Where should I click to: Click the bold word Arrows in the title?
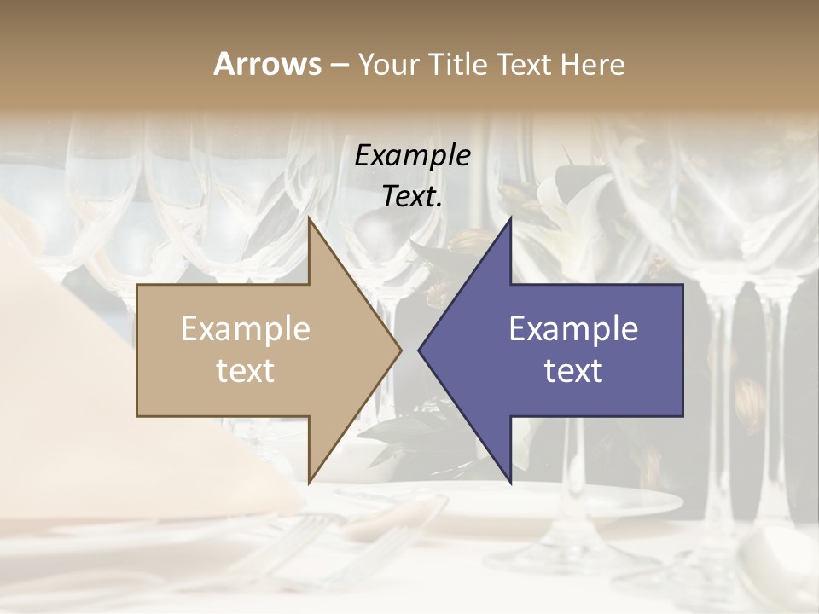[267, 64]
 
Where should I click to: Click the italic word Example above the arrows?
[413, 155]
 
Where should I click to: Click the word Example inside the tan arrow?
[246, 329]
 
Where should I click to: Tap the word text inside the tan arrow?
[246, 371]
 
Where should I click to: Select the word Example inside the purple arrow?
[573, 329]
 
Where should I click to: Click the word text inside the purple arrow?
[573, 371]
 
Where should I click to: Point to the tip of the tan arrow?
[401, 350]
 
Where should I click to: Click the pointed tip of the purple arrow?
[419, 350]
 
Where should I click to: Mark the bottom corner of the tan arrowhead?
[309, 482]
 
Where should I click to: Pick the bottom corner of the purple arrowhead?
[511, 482]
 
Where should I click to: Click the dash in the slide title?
[339, 65]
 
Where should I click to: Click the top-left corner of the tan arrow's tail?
[137, 284]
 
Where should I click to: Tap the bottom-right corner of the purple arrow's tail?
[682, 416]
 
